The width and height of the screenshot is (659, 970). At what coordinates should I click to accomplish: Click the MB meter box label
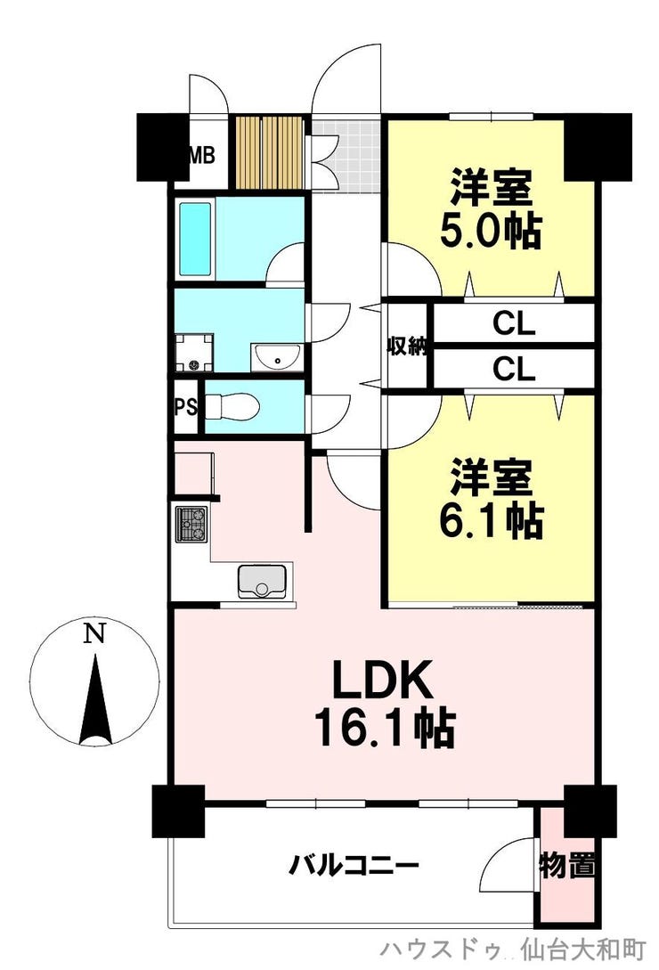[201, 155]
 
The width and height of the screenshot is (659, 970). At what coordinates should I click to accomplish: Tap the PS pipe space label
[185, 407]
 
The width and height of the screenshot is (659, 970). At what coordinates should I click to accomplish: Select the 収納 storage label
[407, 346]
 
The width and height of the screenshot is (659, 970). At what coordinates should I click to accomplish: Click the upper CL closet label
[514, 323]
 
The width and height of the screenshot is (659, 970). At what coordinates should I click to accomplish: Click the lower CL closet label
[514, 370]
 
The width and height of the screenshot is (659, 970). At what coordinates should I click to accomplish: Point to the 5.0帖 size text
[491, 230]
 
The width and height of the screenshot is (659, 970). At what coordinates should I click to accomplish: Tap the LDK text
[382, 680]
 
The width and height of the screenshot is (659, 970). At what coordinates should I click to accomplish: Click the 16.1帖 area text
[385, 728]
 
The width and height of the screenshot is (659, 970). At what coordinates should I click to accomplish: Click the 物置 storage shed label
[566, 865]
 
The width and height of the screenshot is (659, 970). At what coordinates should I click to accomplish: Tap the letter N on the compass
[94, 633]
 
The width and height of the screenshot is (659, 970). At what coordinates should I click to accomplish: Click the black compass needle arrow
[94, 699]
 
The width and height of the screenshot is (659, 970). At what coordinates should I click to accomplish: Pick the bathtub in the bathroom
[196, 239]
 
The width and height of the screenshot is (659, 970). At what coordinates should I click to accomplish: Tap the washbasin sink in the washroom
[277, 356]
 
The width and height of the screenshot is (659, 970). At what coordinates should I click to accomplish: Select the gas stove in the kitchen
[191, 524]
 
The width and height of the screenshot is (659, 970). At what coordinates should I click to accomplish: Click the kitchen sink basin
[262, 581]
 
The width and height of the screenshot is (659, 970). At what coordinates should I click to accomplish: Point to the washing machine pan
[193, 354]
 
